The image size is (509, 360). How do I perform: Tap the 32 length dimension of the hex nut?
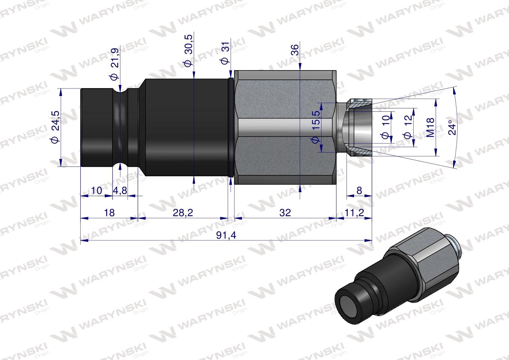click(285, 213)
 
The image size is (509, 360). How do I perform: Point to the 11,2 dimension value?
click(354, 213)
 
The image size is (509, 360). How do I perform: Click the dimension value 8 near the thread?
click(359, 190)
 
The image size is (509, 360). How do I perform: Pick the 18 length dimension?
click(109, 213)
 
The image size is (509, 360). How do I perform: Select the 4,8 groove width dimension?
click(120, 190)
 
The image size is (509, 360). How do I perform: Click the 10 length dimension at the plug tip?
click(96, 190)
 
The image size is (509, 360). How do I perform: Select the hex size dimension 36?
click(295, 50)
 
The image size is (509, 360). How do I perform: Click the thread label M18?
click(430, 127)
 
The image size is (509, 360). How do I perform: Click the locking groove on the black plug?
click(120, 127)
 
